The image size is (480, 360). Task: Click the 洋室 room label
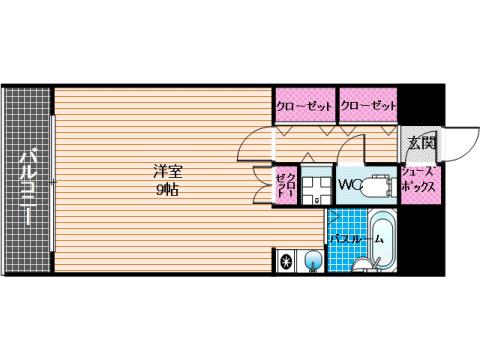pyautogui.click(x=168, y=172)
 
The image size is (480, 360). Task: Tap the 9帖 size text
pyautogui.click(x=168, y=190)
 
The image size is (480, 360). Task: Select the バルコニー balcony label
pyautogui.click(x=27, y=188)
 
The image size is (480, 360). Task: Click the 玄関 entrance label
pyautogui.click(x=422, y=143)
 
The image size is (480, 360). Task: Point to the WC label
pyautogui.click(x=351, y=185)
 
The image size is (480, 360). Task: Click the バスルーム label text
pyautogui.click(x=357, y=239)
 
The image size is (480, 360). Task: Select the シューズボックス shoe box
pyautogui.click(x=421, y=184)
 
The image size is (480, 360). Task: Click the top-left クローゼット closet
pyautogui.click(x=305, y=106)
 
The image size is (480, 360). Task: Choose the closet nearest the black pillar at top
pyautogui.click(x=368, y=106)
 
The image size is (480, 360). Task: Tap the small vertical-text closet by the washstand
pyautogui.click(x=286, y=184)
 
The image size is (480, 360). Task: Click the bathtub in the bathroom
pyautogui.click(x=383, y=242)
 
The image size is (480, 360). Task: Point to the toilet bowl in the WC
pyautogui.click(x=377, y=186)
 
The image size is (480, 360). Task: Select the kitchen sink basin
pyautogui.click(x=314, y=260)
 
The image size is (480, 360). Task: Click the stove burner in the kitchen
pyautogui.click(x=286, y=261)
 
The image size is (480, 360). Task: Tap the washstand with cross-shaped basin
pyautogui.click(x=317, y=186)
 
